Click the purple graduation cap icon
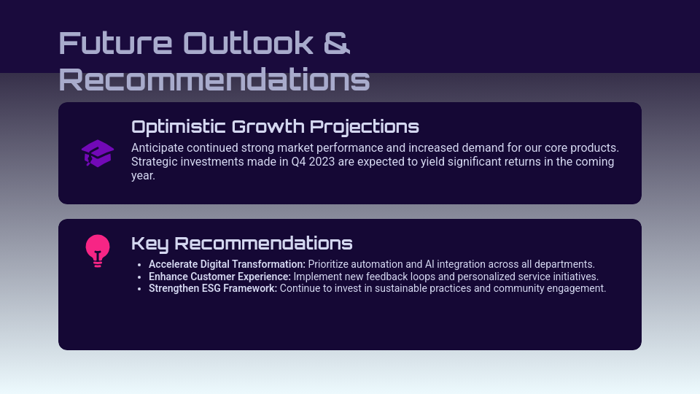(97, 153)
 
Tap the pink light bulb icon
(97, 250)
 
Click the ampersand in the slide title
(336, 43)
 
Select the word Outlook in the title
(247, 43)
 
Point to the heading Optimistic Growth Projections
(275, 126)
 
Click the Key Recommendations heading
(241, 243)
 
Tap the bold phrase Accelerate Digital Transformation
(227, 264)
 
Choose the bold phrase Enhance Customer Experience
(219, 277)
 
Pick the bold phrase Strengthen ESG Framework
(213, 288)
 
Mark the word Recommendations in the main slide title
(214, 80)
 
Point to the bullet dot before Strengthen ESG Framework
(139, 289)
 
